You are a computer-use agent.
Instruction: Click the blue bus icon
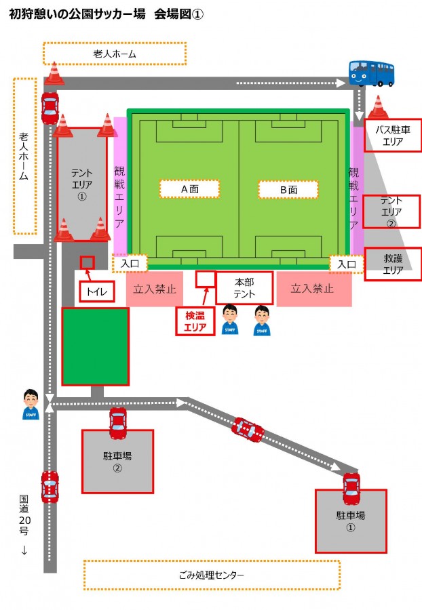pos(371,73)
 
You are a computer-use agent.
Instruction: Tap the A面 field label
pos(189,189)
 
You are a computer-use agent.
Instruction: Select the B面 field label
pos(288,190)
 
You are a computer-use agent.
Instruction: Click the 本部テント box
pos(244,287)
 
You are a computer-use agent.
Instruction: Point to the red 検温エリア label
pos(195,321)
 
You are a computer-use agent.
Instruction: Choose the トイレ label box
pos(96,291)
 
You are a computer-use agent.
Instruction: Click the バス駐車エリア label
pos(392,135)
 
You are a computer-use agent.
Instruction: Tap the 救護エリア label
pos(393,264)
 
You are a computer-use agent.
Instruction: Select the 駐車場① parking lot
pos(351,521)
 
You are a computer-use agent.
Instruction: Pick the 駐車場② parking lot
pos(117,462)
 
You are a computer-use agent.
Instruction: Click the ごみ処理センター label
pos(212,575)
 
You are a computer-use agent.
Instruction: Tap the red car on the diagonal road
pos(248,430)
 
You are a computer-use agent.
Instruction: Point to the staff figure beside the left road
pos(31,404)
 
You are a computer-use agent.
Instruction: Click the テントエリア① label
pos(81,184)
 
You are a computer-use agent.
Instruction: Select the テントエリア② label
pos(391,211)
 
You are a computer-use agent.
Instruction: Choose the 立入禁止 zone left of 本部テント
pos(155,289)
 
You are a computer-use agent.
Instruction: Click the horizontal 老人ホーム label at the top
pos(115,54)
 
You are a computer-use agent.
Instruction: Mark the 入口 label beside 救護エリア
pos(347,264)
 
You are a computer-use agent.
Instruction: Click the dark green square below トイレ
pos(96,346)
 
